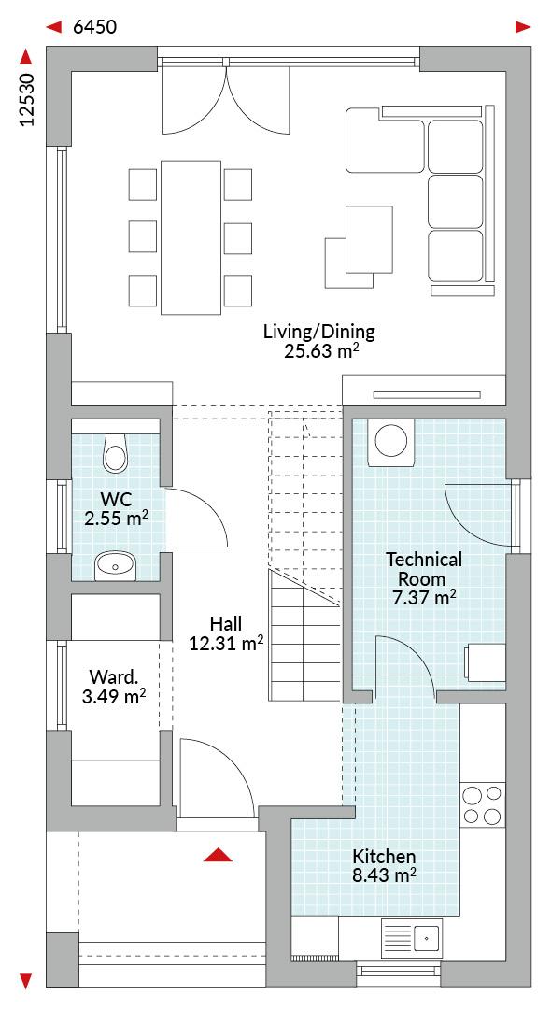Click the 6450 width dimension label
click(x=95, y=27)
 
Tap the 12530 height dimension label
click(x=26, y=99)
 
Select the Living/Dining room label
click(x=318, y=332)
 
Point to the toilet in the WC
click(x=116, y=450)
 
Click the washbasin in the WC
click(x=115, y=566)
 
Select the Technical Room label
click(x=424, y=569)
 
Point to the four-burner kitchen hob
click(x=483, y=805)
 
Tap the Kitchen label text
click(x=384, y=857)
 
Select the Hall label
click(x=226, y=623)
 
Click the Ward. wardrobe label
click(x=113, y=676)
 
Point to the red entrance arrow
click(x=218, y=854)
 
